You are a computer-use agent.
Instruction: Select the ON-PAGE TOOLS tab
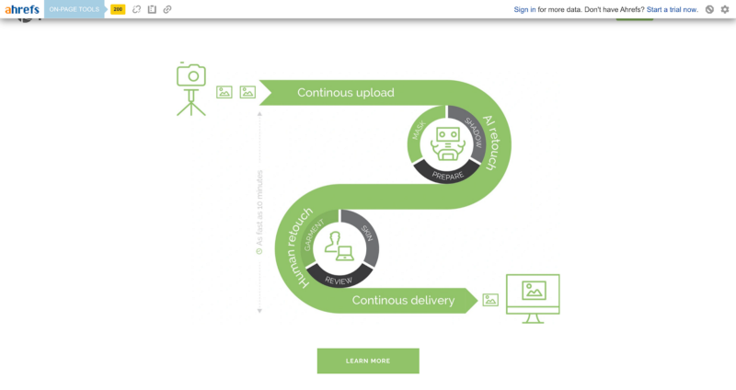pyautogui.click(x=75, y=9)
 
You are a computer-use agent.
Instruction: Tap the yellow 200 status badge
pyautogui.click(x=118, y=9)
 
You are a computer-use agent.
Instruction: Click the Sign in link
pyautogui.click(x=524, y=9)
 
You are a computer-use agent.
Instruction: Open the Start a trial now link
pyautogui.click(x=672, y=9)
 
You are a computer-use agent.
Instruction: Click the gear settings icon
pyautogui.click(x=724, y=9)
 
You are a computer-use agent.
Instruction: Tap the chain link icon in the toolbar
pyautogui.click(x=167, y=9)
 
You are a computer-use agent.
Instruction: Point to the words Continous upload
pyautogui.click(x=345, y=93)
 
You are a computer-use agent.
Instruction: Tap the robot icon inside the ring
pyautogui.click(x=448, y=143)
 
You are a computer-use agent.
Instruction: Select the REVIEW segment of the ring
pyautogui.click(x=339, y=277)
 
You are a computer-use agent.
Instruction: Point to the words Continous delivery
pyautogui.click(x=403, y=300)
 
